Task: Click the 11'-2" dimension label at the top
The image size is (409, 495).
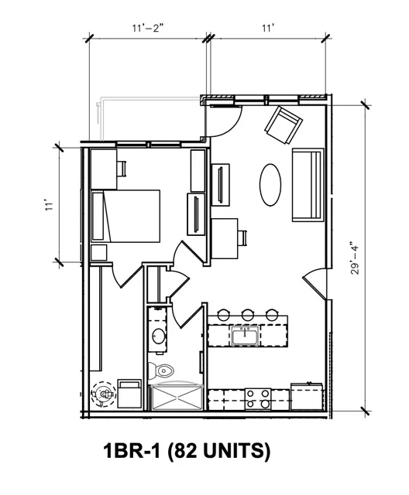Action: pyautogui.click(x=148, y=28)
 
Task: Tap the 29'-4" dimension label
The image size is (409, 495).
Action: pyautogui.click(x=356, y=258)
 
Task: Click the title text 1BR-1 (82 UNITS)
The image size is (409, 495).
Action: pyautogui.click(x=187, y=451)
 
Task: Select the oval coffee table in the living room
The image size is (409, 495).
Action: pyautogui.click(x=270, y=185)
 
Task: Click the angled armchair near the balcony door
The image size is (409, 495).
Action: pyautogui.click(x=284, y=125)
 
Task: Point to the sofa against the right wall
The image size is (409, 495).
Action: pyautogui.click(x=308, y=185)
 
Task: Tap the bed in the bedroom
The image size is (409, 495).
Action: pyautogui.click(x=125, y=216)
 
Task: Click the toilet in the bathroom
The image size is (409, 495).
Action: pyautogui.click(x=161, y=370)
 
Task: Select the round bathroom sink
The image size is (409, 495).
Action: pyautogui.click(x=158, y=336)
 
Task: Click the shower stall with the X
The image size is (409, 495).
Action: pyautogui.click(x=177, y=397)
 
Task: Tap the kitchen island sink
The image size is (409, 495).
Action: pyautogui.click(x=245, y=336)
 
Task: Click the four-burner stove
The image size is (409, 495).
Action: pyautogui.click(x=258, y=399)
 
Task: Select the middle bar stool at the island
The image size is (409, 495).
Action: pyautogui.click(x=247, y=314)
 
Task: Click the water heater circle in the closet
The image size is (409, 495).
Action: pyautogui.click(x=103, y=394)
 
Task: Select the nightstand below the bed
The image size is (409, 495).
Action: pyautogui.click(x=99, y=252)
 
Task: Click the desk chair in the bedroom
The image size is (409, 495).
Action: pyautogui.click(x=122, y=169)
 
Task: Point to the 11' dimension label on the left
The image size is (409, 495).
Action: pyautogui.click(x=48, y=204)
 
